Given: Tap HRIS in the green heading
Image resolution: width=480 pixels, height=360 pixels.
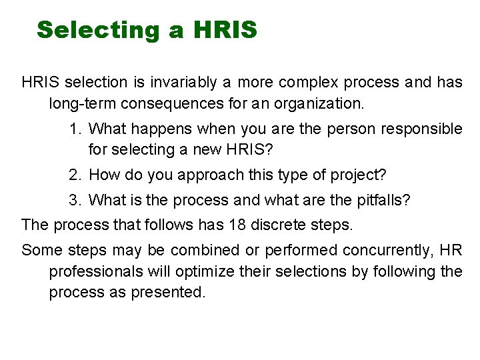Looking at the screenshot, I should point(225,30).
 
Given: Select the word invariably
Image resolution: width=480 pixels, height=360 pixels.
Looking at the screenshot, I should point(182,83).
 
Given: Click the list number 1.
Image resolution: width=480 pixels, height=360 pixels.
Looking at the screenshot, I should point(74,129).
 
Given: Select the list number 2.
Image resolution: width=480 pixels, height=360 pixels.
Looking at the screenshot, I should point(74,175).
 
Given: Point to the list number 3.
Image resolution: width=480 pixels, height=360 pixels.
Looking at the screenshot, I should point(74,199).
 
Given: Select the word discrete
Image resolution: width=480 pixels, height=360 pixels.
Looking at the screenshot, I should point(279,225).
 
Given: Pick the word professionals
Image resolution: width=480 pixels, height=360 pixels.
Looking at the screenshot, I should point(95,271).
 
